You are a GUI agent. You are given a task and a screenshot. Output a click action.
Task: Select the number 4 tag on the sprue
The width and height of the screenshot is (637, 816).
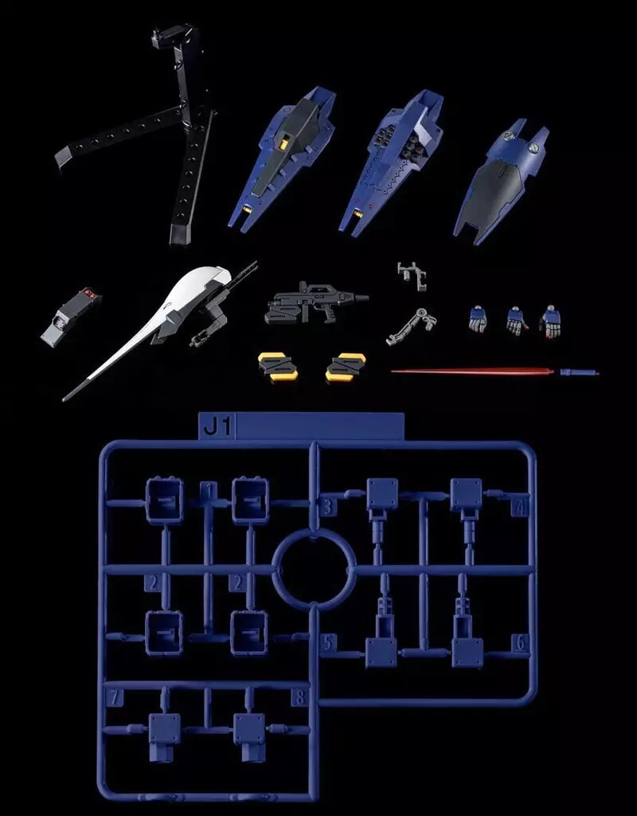click(x=521, y=507)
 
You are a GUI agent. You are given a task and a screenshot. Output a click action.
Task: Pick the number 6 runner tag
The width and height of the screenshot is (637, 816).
click(x=521, y=643)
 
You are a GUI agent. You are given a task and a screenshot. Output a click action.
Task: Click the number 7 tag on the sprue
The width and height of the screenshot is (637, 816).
click(x=115, y=698)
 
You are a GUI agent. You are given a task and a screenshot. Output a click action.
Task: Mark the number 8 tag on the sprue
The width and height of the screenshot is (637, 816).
click(x=299, y=698)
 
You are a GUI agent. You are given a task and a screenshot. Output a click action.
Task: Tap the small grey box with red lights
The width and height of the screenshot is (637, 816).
click(x=72, y=316)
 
